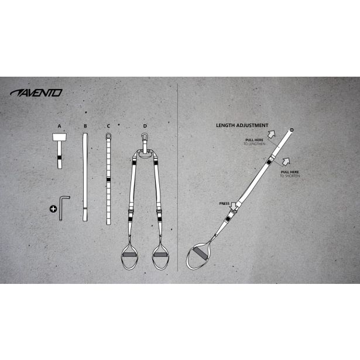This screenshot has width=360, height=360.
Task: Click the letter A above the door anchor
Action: (x=59, y=125)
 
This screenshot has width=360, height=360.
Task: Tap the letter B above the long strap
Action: (x=85, y=125)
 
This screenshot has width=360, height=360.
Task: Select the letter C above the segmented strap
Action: (x=108, y=125)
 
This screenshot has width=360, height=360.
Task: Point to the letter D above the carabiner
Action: (x=145, y=125)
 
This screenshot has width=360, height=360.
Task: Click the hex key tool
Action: (x=64, y=207)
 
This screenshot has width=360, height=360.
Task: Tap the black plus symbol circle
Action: (x=54, y=208)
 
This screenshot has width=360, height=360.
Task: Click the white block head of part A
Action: (x=60, y=138)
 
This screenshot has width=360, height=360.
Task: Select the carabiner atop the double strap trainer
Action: (x=145, y=141)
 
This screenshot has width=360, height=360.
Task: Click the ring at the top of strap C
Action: (x=108, y=137)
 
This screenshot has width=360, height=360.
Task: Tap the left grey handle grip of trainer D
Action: (x=129, y=256)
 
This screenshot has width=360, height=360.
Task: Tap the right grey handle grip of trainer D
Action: (x=160, y=256)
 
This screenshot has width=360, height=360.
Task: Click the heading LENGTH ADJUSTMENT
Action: (x=242, y=125)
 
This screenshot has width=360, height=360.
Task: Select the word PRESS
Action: (x=224, y=203)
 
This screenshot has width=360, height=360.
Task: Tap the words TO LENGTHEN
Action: (x=255, y=143)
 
